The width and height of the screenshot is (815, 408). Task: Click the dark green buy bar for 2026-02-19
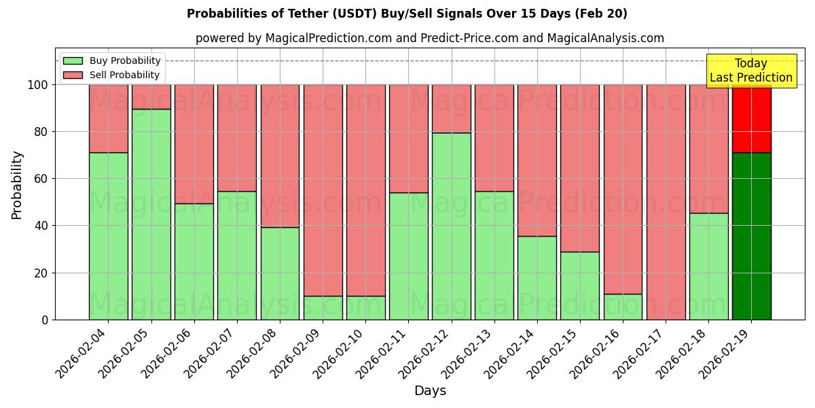coord(751,236)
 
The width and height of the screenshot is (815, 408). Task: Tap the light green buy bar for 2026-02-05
coord(151,214)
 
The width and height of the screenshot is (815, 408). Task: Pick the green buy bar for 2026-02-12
coord(451,226)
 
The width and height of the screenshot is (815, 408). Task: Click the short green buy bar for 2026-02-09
coord(323,307)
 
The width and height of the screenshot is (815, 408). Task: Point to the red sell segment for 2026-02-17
coord(666,202)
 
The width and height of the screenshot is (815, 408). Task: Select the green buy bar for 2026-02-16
coord(623,307)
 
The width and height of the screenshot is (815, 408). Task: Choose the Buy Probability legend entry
coord(112,61)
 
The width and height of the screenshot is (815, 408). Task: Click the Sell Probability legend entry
coord(112,75)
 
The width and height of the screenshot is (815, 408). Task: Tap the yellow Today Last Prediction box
coord(750,71)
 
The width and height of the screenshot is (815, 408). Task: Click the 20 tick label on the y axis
coord(40,273)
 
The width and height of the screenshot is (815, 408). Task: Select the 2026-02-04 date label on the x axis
coord(81,351)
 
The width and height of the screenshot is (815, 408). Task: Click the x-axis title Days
coord(430,391)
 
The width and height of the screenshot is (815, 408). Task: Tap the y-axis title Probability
coord(17,185)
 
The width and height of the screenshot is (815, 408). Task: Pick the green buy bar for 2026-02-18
coord(708,266)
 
